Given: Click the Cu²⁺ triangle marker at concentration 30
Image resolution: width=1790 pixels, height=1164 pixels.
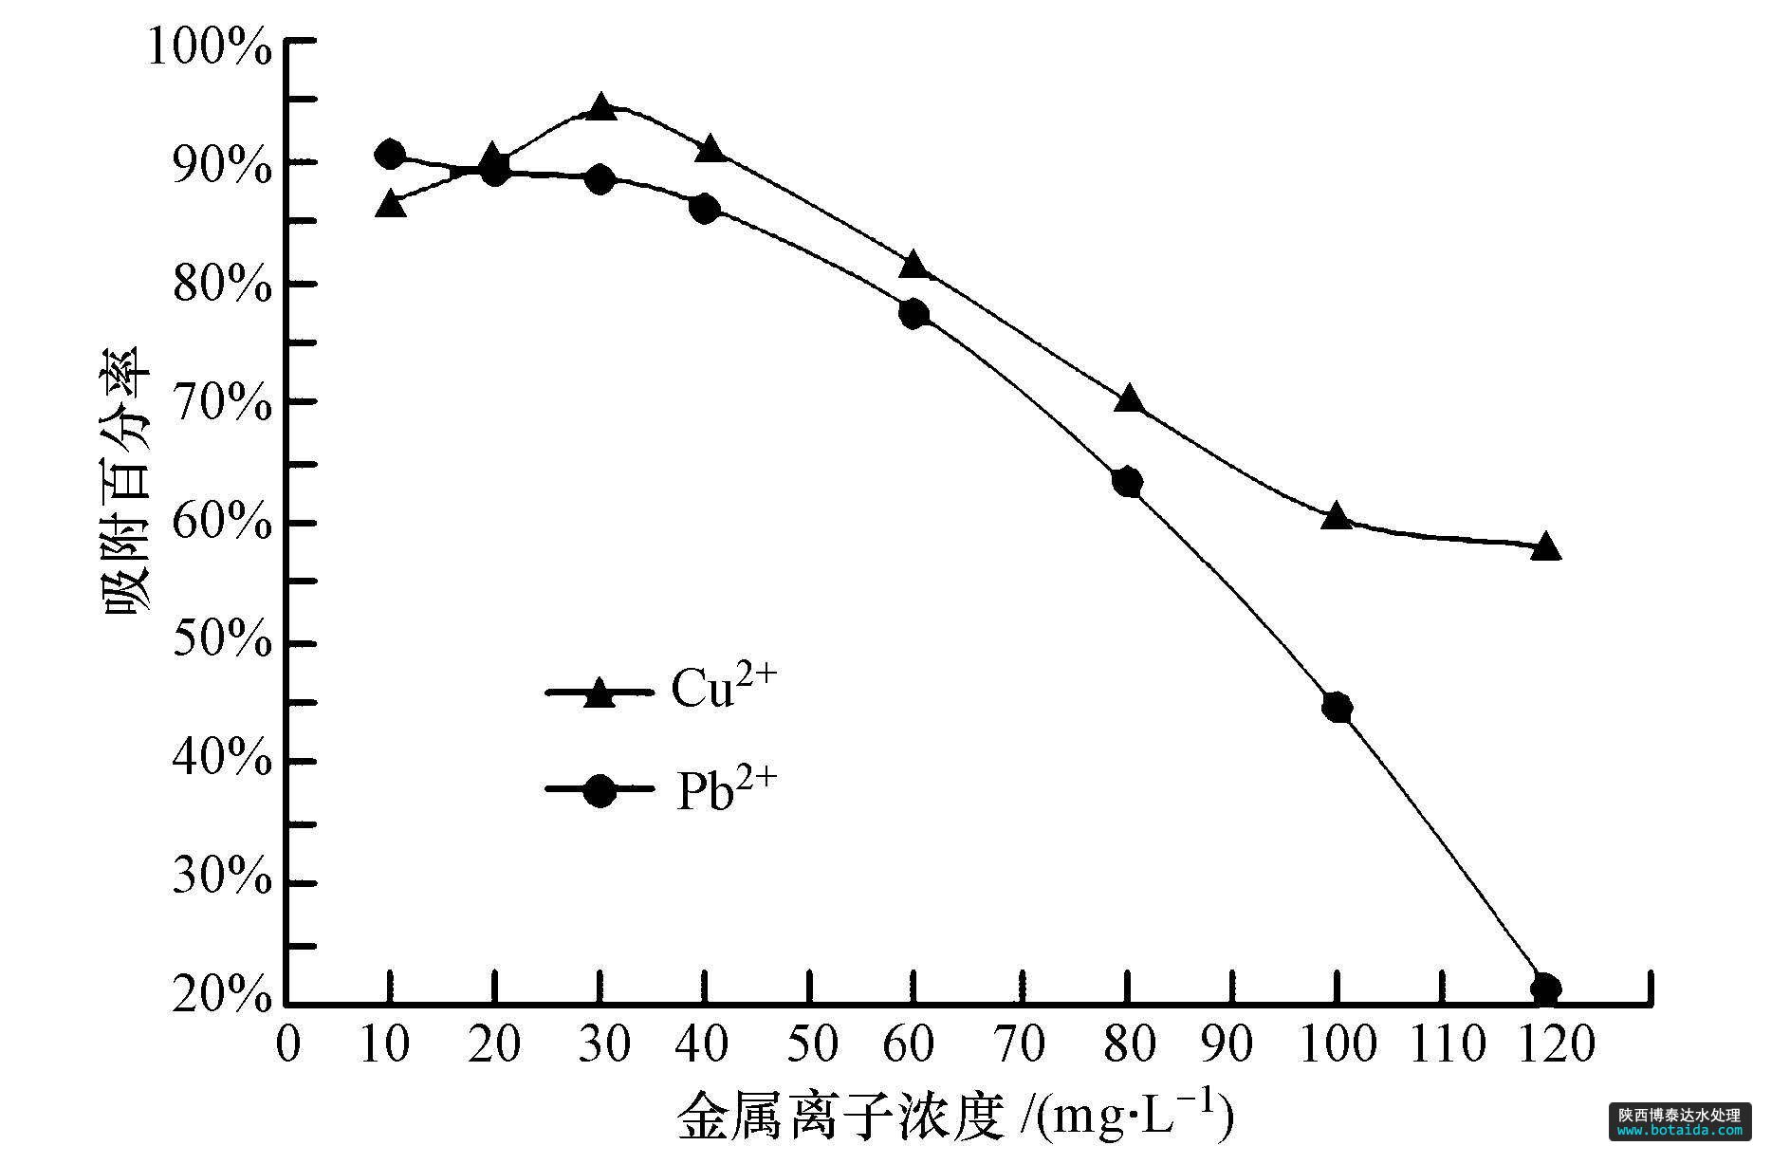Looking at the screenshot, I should [600, 107].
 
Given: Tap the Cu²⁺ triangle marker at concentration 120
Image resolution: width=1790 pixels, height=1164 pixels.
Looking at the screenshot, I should [1545, 546].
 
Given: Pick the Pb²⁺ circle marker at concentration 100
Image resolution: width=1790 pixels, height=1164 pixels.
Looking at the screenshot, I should [1337, 708].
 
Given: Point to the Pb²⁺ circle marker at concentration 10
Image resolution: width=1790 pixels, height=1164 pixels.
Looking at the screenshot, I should [390, 155].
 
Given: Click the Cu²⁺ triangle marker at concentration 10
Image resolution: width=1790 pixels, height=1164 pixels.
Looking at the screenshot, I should [391, 204].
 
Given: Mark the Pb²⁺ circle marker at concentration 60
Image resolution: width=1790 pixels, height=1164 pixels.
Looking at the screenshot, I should [913, 314].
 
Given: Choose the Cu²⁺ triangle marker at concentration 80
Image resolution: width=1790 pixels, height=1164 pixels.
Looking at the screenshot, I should [1128, 398].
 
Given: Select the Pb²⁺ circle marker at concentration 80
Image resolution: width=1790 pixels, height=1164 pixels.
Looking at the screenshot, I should [1126, 483].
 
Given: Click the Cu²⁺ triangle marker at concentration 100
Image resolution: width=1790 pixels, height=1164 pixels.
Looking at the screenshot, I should [1337, 516].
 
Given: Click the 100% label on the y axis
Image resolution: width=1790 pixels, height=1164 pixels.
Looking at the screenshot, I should [210, 47].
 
